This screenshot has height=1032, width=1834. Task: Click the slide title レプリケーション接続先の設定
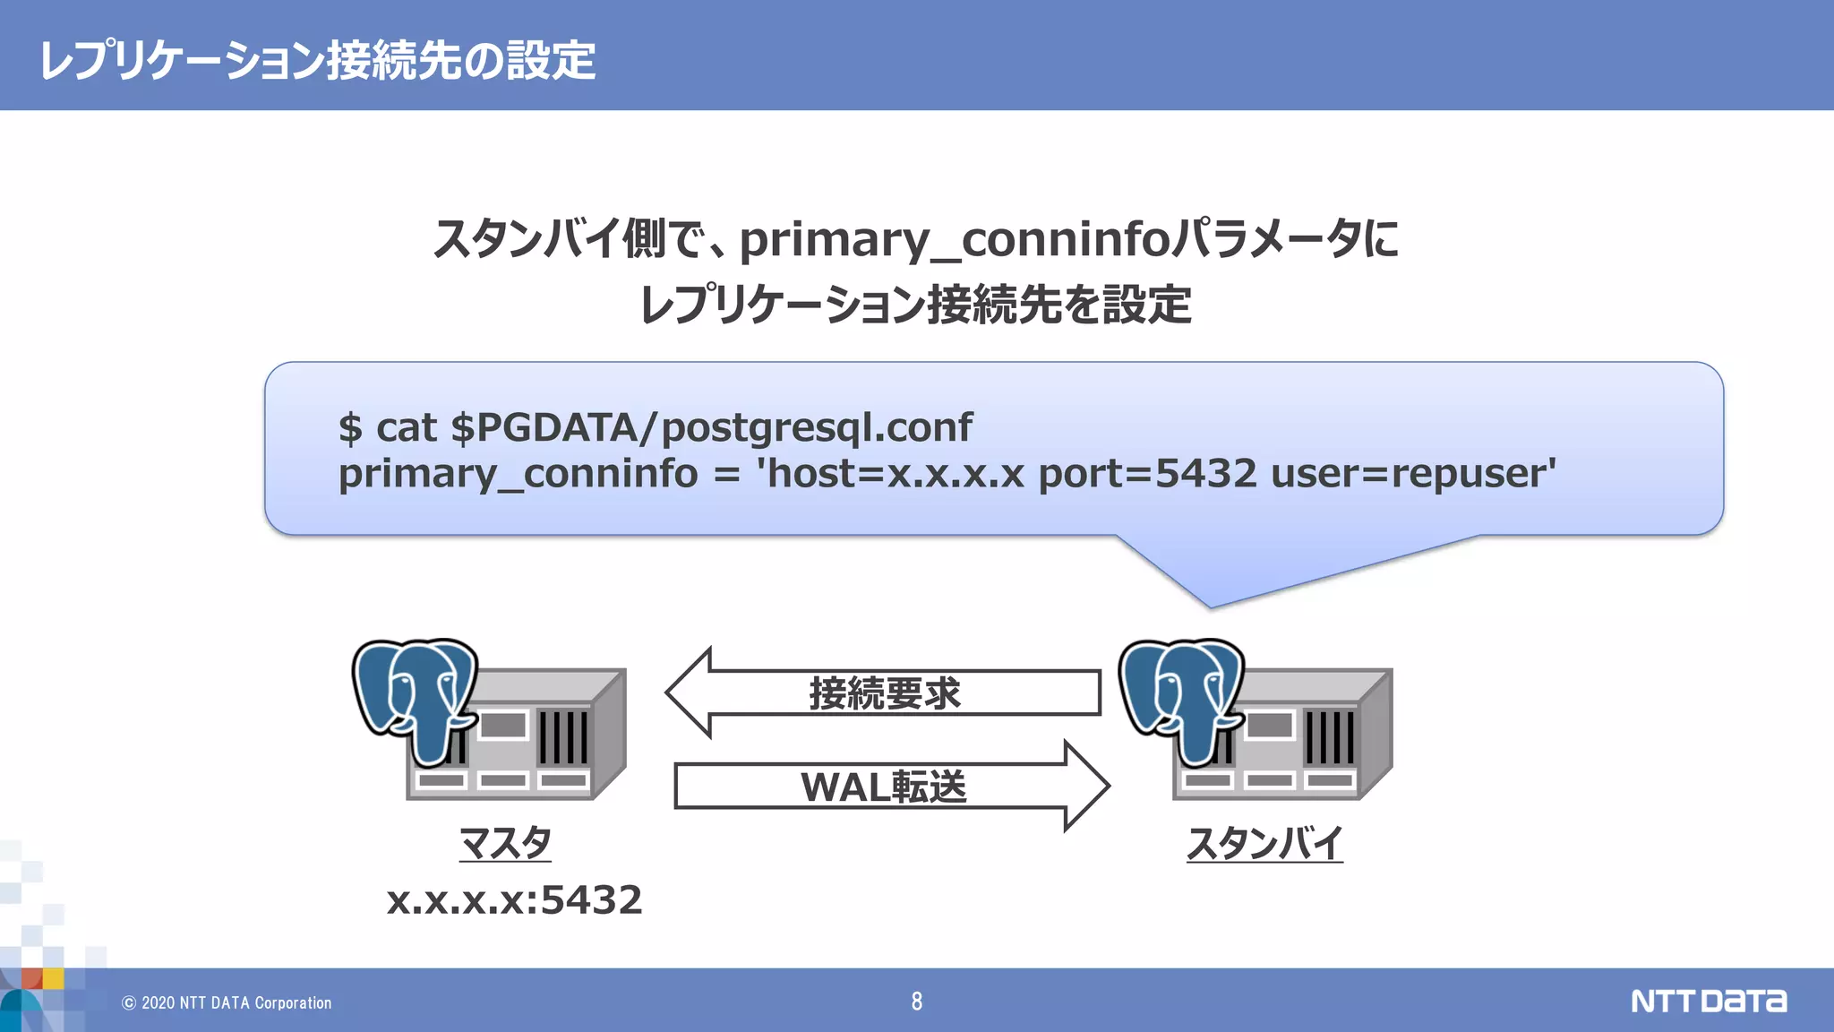point(318,61)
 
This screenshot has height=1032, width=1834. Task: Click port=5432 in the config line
point(1147,473)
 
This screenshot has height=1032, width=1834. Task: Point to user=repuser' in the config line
point(1413,473)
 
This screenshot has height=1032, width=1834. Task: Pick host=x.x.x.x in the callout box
point(896,473)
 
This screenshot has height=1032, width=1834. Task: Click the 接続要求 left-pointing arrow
point(883,693)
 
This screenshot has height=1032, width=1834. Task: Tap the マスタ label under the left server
point(505,843)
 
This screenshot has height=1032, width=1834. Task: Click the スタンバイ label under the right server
point(1264,843)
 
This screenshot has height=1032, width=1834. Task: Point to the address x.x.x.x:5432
point(514,899)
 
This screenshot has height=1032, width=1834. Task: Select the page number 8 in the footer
point(916,1002)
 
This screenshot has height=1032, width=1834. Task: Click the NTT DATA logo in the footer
point(1709,1001)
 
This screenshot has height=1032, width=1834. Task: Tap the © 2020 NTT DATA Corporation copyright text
point(227,1003)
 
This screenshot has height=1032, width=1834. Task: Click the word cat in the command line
point(406,427)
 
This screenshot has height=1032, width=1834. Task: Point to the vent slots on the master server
point(563,736)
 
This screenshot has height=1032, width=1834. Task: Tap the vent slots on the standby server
point(1330,736)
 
